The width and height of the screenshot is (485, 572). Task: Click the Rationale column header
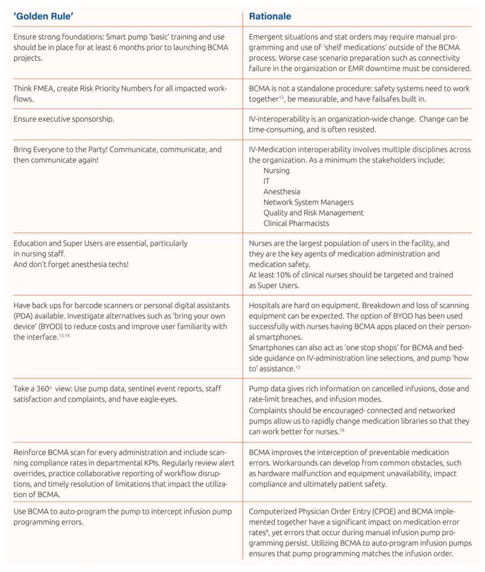point(270,16)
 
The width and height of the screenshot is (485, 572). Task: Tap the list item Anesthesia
point(282,192)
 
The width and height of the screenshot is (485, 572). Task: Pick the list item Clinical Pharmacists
point(296,223)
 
